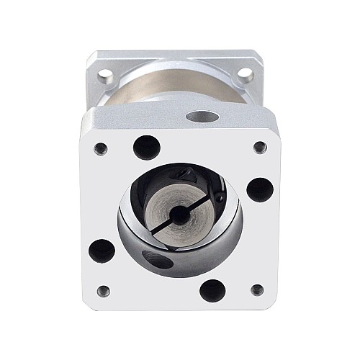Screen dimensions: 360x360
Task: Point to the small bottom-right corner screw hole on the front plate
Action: tap(256, 291)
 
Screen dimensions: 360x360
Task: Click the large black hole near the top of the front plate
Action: tap(147, 147)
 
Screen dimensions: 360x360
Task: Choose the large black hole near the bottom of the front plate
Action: tap(212, 290)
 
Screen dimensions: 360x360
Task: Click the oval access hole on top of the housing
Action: tap(198, 115)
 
